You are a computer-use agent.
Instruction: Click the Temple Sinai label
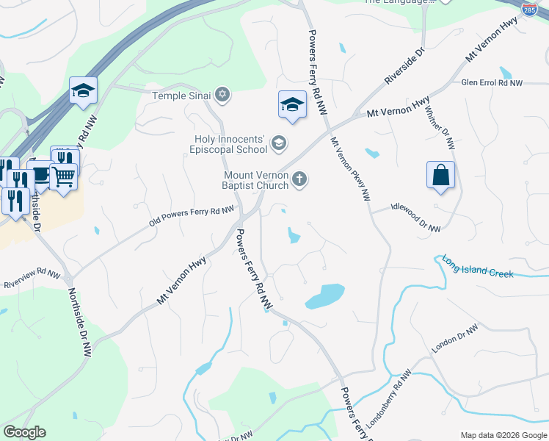pyautogui.click(x=181, y=96)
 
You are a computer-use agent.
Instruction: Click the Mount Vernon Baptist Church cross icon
pyautogui.click(x=299, y=179)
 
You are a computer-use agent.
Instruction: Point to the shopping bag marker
pyautogui.click(x=440, y=176)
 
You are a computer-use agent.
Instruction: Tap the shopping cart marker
pyautogui.click(x=64, y=176)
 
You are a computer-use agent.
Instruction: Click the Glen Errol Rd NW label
pyautogui.click(x=492, y=83)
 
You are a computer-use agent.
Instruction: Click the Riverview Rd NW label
pyautogui.click(x=32, y=280)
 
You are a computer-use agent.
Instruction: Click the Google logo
pyautogui.click(x=24, y=432)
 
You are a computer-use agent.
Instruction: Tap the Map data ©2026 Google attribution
pyautogui.click(x=503, y=435)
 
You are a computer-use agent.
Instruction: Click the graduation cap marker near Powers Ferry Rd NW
pyautogui.click(x=292, y=104)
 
